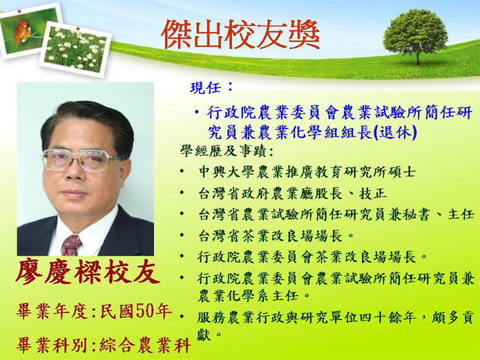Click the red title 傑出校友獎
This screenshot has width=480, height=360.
(x=240, y=35)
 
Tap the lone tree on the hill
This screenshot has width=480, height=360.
(x=415, y=35)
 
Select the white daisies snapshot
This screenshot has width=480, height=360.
(x=75, y=49)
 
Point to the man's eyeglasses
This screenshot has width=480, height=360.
(x=81, y=160)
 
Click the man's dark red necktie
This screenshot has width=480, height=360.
(x=71, y=245)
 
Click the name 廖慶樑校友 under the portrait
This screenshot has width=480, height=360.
(x=88, y=272)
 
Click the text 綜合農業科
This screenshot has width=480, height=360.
(x=145, y=345)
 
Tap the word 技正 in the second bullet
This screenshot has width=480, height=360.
(x=373, y=193)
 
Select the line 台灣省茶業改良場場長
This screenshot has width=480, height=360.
(x=273, y=236)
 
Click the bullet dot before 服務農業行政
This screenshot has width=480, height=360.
(x=182, y=316)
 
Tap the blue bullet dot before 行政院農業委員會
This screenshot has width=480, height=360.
(x=197, y=112)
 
